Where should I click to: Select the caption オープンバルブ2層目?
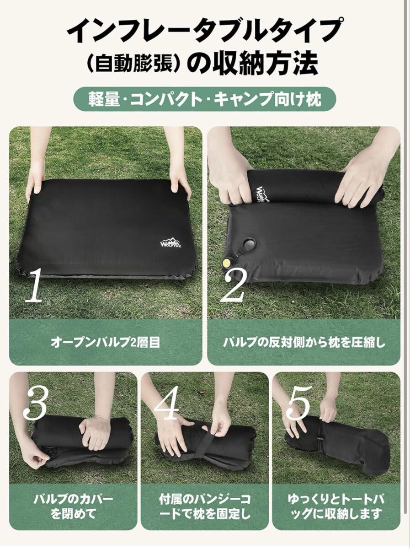coord(105,343)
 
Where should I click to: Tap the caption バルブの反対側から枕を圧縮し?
coord(304,343)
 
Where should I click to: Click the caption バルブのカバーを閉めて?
coord(73,500)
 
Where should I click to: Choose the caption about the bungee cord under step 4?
coord(205,500)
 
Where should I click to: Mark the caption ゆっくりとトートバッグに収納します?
coord(336,500)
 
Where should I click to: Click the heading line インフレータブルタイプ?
coord(205,30)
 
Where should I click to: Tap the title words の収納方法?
coord(253,63)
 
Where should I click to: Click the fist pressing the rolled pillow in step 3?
coord(95,432)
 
